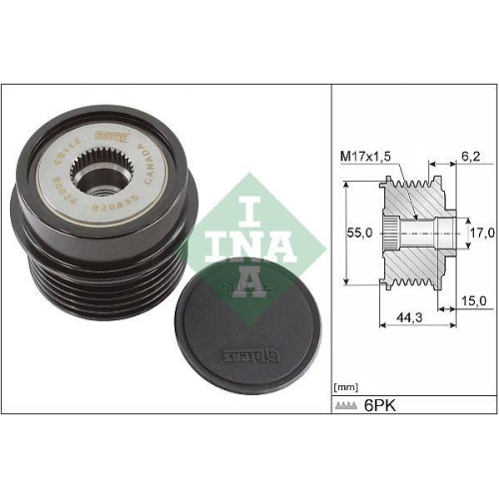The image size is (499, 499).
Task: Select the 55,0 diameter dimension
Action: [x=360, y=232]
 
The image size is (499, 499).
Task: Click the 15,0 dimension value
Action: [x=473, y=299]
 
